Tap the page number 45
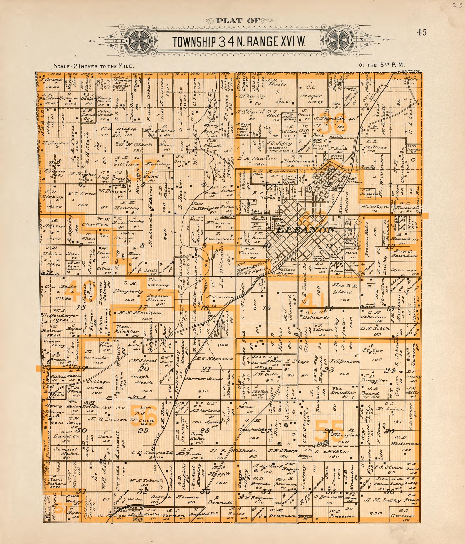[x=421, y=33]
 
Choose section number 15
[x=266, y=308]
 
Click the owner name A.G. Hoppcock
[x=214, y=358]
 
